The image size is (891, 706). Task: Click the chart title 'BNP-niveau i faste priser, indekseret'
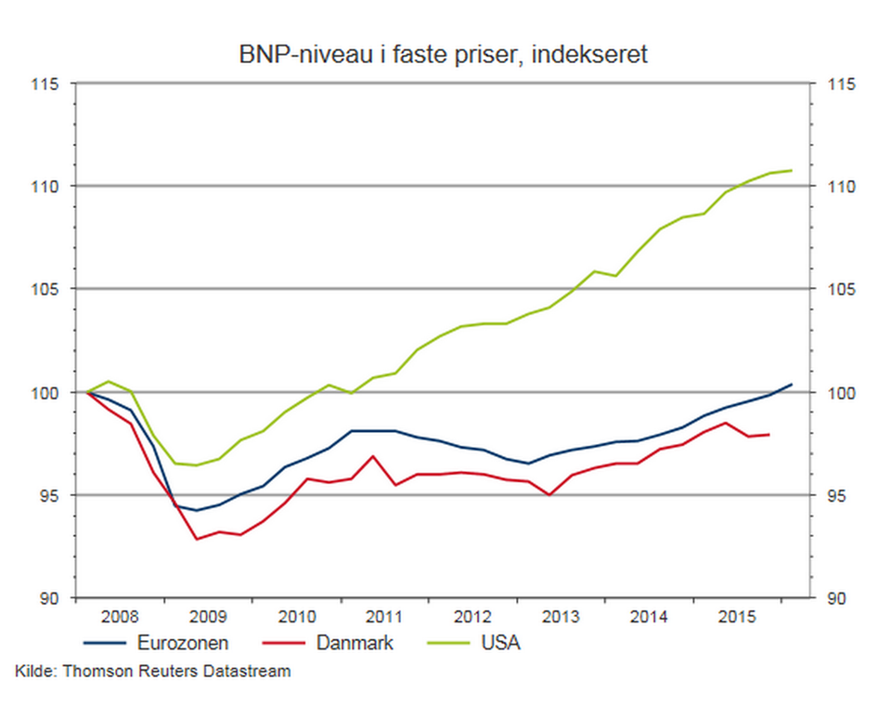click(x=444, y=55)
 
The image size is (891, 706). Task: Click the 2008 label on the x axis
click(x=121, y=617)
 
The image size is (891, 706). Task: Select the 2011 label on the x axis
click(x=384, y=617)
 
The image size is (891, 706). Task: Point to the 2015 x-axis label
click(x=737, y=617)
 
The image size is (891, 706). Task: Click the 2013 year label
click(x=561, y=617)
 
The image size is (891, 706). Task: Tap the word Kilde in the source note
click(x=33, y=671)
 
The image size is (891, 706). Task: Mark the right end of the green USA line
click(x=792, y=170)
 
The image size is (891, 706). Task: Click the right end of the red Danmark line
click(x=769, y=435)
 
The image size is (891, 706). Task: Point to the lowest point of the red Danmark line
click(x=197, y=539)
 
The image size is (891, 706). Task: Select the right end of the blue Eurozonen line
click(x=792, y=384)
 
